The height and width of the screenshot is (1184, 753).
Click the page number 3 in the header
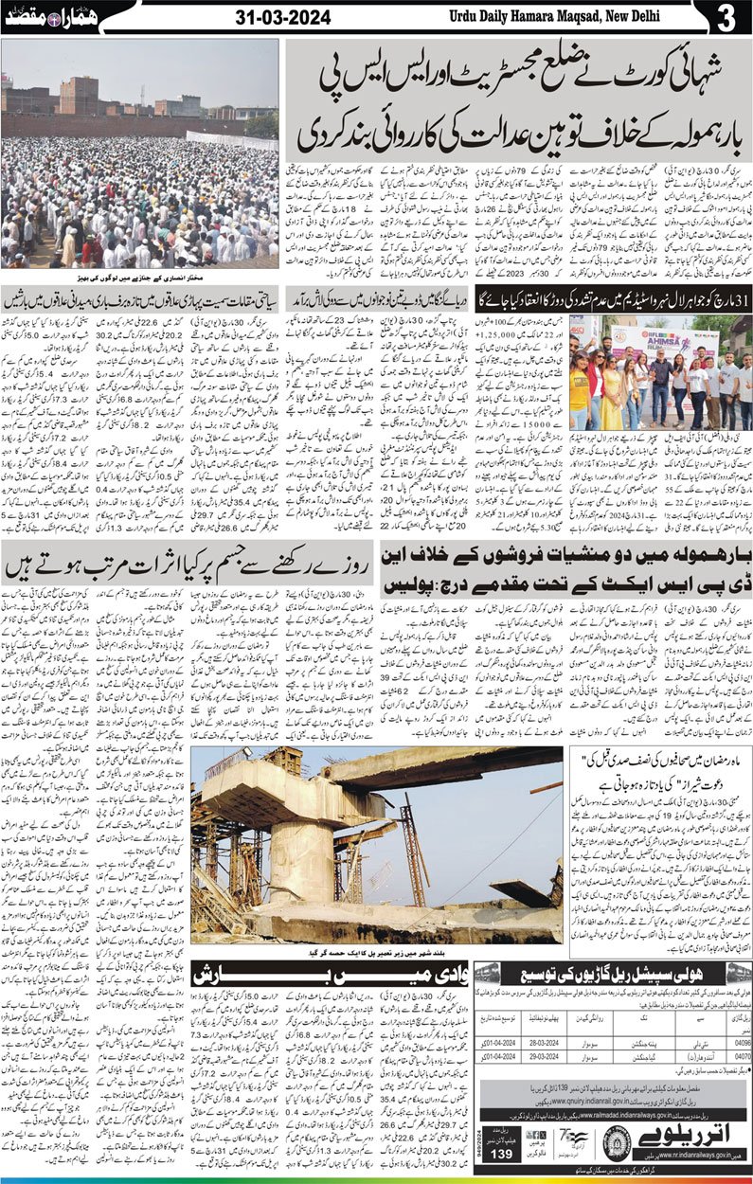726,18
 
